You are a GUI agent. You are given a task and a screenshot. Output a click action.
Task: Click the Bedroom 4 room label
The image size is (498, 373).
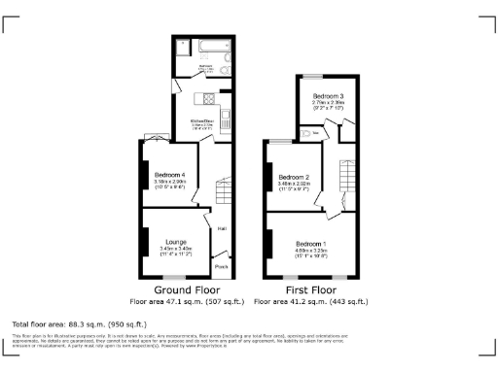(x=169, y=175)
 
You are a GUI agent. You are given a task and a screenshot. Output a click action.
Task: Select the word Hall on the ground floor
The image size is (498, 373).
(x=222, y=229)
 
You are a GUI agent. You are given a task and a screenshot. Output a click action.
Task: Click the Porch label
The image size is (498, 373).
(x=221, y=266)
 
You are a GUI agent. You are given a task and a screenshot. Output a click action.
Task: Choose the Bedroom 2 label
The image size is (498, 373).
(x=294, y=176)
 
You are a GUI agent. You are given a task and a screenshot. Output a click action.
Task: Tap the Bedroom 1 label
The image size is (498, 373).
(x=311, y=242)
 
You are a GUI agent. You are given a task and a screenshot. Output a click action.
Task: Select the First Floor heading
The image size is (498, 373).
(x=311, y=289)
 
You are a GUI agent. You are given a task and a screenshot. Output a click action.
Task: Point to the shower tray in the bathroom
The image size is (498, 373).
(x=184, y=48)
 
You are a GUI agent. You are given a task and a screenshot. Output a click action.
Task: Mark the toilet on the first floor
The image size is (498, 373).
(x=305, y=132)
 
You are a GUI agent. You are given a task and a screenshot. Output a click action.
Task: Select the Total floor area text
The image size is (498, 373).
(x=78, y=323)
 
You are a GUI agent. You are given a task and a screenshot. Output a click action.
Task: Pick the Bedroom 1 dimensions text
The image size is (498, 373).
(x=311, y=250)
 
